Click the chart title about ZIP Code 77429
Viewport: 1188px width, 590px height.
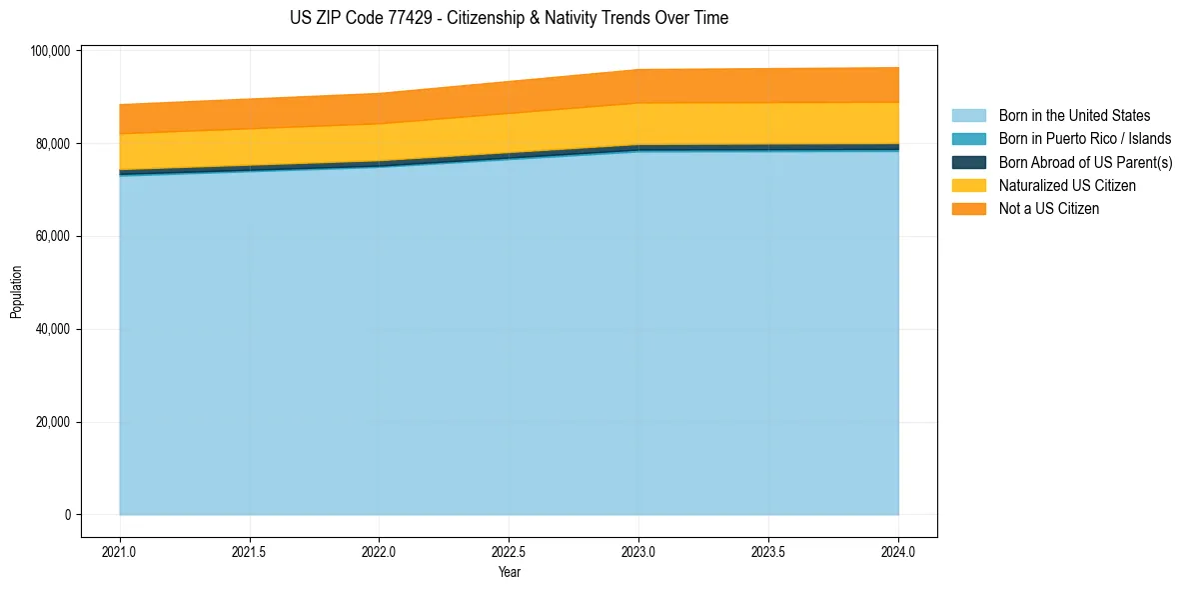[509, 18]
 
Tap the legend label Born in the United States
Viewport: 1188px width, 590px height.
[1074, 116]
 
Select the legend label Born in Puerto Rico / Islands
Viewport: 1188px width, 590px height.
[1085, 139]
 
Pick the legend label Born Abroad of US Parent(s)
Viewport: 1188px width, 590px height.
[1085, 162]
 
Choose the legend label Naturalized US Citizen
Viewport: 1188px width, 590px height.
[1067, 186]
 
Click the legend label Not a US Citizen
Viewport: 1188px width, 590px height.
[1049, 209]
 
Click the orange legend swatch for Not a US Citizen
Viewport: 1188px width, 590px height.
[968, 209]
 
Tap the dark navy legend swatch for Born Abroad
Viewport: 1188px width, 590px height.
[968, 162]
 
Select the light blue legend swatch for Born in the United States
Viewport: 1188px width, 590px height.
[968, 116]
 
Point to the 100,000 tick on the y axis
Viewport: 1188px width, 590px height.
[50, 51]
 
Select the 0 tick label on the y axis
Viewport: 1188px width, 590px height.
[68, 515]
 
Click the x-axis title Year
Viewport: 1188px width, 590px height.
[510, 573]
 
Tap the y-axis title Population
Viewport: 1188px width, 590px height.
[16, 292]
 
